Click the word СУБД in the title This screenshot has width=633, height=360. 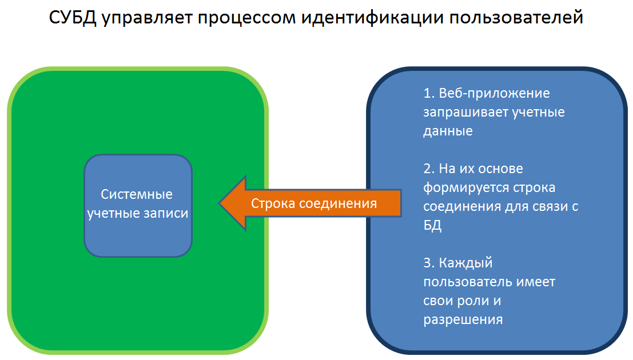(x=73, y=18)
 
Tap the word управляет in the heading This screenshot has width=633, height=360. (x=148, y=19)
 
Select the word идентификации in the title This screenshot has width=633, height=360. (x=372, y=18)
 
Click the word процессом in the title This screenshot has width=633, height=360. (x=246, y=19)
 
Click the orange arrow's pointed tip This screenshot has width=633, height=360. (x=220, y=203)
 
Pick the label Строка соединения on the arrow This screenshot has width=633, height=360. (x=314, y=203)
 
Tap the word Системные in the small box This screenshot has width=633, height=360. (x=137, y=194)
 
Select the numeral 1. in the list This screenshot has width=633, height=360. (x=429, y=93)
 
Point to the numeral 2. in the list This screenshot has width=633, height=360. (x=429, y=169)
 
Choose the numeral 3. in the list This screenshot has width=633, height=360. (x=429, y=263)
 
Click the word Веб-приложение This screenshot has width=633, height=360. (x=494, y=94)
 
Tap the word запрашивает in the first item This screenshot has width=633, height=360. (x=465, y=113)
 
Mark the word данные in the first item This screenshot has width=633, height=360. (x=448, y=131)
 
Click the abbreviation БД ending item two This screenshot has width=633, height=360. (x=432, y=225)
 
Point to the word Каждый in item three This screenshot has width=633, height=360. (x=465, y=263)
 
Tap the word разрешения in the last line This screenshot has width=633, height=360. (x=463, y=320)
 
